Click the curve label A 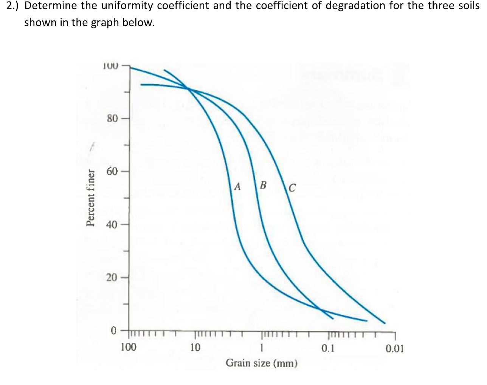pos(237,186)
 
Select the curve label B pos(263,185)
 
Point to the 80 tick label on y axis pos(112,119)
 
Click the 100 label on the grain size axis pos(129,347)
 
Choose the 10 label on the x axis pos(195,347)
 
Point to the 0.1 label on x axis pos(327,348)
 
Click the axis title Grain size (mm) pos(262,363)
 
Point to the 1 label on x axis pos(261,348)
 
